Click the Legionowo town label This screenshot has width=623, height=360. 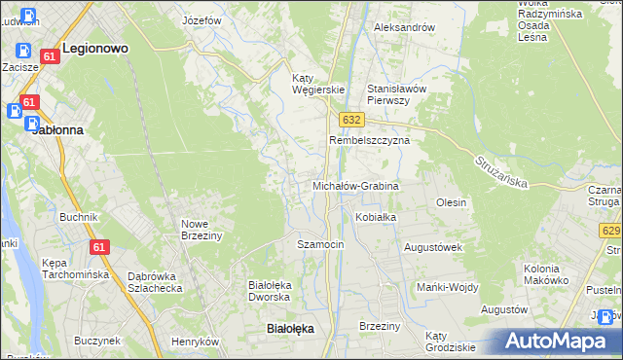click(x=96, y=47)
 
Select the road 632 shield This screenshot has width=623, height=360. click(x=352, y=119)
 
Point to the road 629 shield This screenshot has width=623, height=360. click(x=611, y=230)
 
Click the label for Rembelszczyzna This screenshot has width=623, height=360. click(x=369, y=140)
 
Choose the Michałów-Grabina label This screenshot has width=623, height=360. click(x=355, y=185)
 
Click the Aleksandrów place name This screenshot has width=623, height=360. click(x=404, y=27)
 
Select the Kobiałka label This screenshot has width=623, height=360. click(x=376, y=217)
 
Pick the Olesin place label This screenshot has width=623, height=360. click(x=452, y=202)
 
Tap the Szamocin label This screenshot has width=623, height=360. click(x=320, y=244)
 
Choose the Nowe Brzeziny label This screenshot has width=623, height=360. click(x=202, y=230)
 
